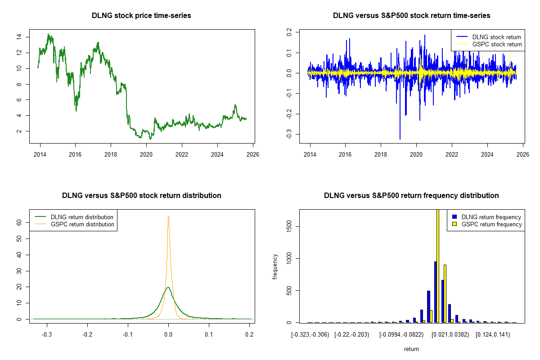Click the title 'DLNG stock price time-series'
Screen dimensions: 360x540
[x=141, y=16]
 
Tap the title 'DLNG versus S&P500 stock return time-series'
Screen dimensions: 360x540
[x=411, y=16]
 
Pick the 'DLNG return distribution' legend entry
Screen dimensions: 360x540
[x=82, y=217]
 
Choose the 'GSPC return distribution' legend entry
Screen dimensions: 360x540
[x=82, y=225]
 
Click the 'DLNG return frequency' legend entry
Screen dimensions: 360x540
[x=491, y=217]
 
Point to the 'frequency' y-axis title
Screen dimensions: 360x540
[x=275, y=266]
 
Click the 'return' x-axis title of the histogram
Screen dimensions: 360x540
[x=411, y=349]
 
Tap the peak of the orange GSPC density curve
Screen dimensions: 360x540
[x=168, y=216]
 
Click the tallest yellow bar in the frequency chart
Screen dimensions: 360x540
[x=438, y=265]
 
